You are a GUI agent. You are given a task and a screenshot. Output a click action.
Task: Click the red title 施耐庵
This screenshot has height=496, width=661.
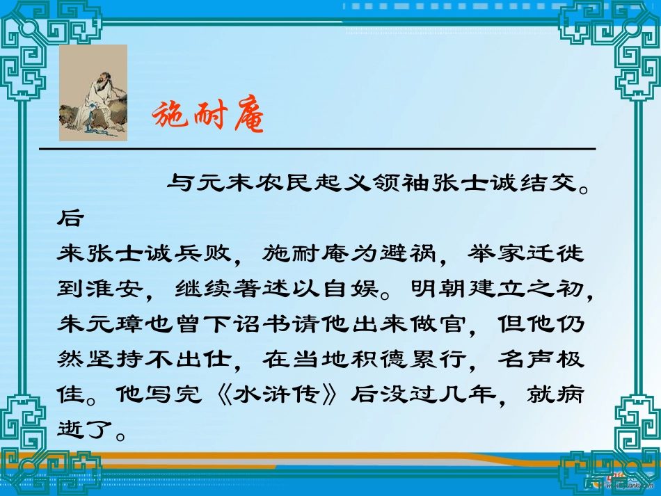(x=208, y=116)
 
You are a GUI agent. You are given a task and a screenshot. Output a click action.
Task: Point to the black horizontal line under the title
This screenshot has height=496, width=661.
(x=317, y=150)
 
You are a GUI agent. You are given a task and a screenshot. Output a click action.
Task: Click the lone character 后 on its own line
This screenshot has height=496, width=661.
(x=70, y=218)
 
